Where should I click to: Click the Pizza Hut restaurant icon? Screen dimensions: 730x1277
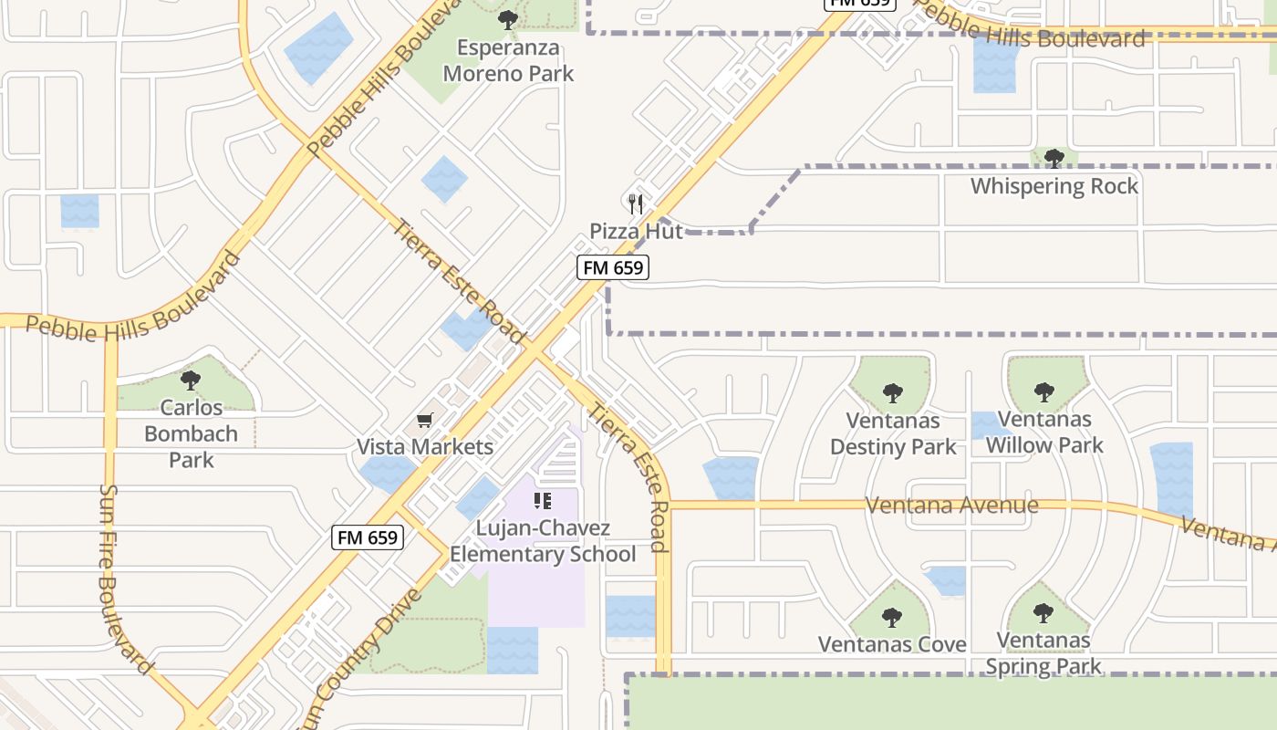636,203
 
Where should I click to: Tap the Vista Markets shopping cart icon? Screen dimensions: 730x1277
424,421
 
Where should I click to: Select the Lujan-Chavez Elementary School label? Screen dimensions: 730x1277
543,541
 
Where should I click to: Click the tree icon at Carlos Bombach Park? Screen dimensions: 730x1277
190,380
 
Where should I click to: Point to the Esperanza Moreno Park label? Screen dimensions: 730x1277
508,60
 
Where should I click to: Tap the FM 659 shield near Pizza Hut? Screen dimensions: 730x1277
613,267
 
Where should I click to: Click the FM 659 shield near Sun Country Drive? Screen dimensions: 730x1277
368,537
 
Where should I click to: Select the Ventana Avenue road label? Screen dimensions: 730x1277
951,505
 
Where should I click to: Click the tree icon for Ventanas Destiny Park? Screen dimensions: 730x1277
892,393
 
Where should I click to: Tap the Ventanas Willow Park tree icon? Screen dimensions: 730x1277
1044,392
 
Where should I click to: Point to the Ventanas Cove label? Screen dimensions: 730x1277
892,644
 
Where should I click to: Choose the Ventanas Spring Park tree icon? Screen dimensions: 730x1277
1043,612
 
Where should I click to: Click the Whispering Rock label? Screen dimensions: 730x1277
1054,186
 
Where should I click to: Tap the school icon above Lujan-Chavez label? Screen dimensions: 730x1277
543,500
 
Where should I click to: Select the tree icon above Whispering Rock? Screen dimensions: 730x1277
1054,159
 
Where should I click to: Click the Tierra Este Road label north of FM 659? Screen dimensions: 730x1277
458,279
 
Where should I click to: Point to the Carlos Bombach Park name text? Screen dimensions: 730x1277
191,433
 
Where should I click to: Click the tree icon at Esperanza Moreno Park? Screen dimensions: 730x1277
508,19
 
